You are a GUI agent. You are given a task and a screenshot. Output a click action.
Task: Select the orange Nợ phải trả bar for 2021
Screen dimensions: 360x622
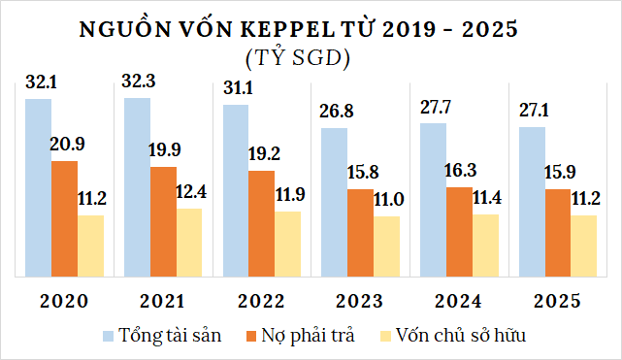pyautogui.click(x=163, y=221)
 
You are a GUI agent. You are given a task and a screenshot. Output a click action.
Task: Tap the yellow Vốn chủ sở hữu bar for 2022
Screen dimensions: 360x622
pyautogui.click(x=287, y=243)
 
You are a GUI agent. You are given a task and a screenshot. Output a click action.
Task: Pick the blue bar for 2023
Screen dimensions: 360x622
pyautogui.click(x=336, y=202)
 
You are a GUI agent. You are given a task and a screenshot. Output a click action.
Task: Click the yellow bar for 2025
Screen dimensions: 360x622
pyautogui.click(x=583, y=245)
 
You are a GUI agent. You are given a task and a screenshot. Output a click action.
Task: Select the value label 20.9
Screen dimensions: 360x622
pyautogui.click(x=67, y=144)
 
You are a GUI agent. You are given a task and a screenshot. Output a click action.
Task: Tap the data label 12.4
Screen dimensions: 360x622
pyautogui.click(x=190, y=192)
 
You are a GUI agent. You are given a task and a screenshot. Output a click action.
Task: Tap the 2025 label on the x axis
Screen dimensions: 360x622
pyautogui.click(x=557, y=300)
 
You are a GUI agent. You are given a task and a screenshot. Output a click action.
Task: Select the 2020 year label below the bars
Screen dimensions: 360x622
pyautogui.click(x=64, y=300)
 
